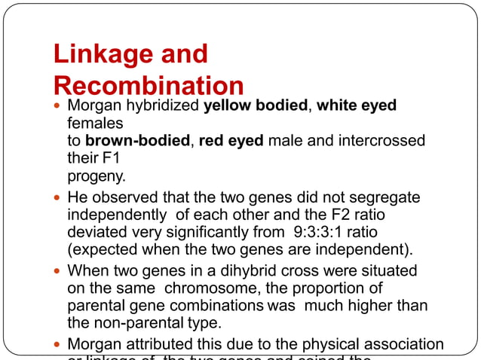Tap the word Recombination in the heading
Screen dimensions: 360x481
tap(149, 85)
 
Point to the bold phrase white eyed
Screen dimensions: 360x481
tap(356, 105)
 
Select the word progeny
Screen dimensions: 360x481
tap(94, 177)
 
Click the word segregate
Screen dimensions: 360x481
tap(386, 197)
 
